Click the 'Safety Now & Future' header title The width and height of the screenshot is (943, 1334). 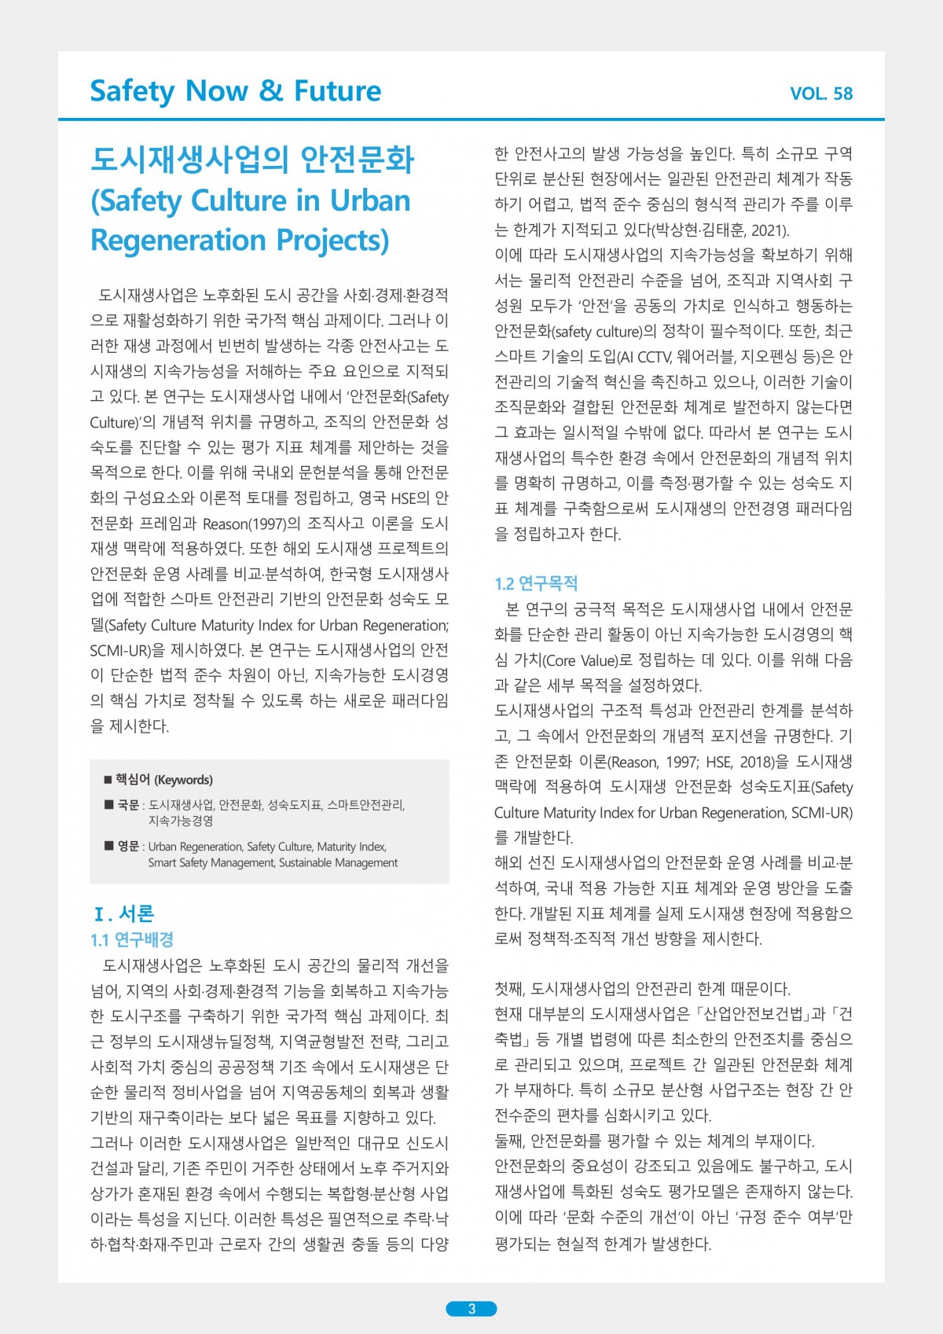[236, 91]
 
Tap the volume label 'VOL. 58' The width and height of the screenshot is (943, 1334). [821, 94]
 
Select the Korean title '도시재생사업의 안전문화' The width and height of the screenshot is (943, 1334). [252, 160]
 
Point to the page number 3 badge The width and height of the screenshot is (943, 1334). [472, 1308]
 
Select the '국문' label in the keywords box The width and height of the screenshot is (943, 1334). [128, 805]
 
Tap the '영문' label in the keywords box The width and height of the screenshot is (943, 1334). [128, 847]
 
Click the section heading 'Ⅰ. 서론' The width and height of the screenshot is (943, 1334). [124, 913]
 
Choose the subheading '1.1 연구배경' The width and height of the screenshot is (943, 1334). [132, 939]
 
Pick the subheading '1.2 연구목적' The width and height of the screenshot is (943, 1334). [536, 583]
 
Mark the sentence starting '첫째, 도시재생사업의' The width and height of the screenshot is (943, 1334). [642, 988]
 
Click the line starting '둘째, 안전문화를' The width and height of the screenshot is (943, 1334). [654, 1141]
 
